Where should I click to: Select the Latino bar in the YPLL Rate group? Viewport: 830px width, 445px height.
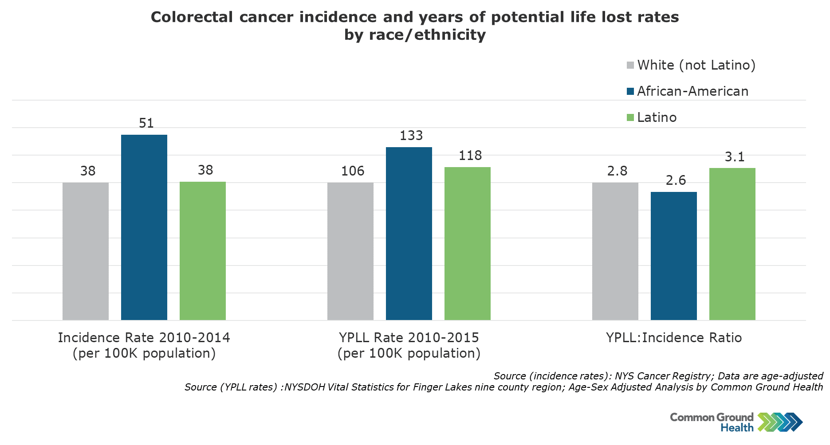(x=467, y=243)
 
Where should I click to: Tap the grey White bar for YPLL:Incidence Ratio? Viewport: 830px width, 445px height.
(x=615, y=251)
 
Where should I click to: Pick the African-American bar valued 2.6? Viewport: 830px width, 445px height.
(x=673, y=256)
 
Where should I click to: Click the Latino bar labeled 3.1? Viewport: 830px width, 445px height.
(x=732, y=244)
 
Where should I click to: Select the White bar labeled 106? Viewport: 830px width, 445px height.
(x=350, y=251)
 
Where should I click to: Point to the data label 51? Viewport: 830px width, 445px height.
(x=146, y=123)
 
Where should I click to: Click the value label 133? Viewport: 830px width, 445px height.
(x=411, y=136)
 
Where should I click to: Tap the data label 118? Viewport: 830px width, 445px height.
(x=470, y=156)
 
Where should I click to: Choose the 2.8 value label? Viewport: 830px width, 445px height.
(x=617, y=171)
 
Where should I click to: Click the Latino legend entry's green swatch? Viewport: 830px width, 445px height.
(x=630, y=117)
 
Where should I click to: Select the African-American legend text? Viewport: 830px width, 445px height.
(x=692, y=91)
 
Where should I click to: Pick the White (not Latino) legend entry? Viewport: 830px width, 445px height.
(x=696, y=65)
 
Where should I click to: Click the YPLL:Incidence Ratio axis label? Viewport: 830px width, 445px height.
(x=673, y=338)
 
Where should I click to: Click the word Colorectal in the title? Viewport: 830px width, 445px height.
(x=192, y=17)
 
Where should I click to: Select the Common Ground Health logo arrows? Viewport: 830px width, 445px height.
(x=780, y=422)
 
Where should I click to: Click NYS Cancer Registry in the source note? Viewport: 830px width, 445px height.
(x=663, y=376)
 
